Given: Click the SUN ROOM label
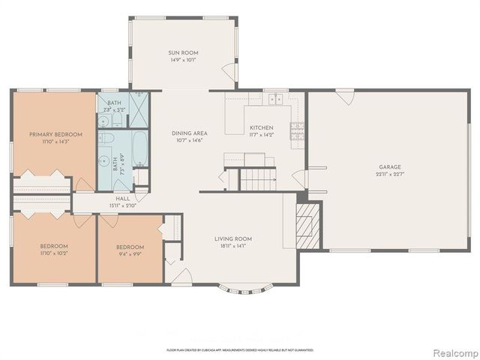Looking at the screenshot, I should point(182,53).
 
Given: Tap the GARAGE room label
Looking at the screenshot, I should point(389,167).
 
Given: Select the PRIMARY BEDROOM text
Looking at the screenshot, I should point(55,135).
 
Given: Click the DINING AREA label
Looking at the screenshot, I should point(190,133).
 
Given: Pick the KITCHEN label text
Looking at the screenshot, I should point(261,127).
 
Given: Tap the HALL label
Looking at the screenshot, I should point(123,198).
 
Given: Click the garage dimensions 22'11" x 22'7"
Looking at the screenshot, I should point(389,175).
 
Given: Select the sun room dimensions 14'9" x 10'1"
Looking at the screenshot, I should point(182,61).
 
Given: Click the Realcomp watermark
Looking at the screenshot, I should point(451,352).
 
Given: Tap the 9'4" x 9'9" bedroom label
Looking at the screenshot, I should point(130,250).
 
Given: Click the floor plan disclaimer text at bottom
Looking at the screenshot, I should point(239,349).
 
